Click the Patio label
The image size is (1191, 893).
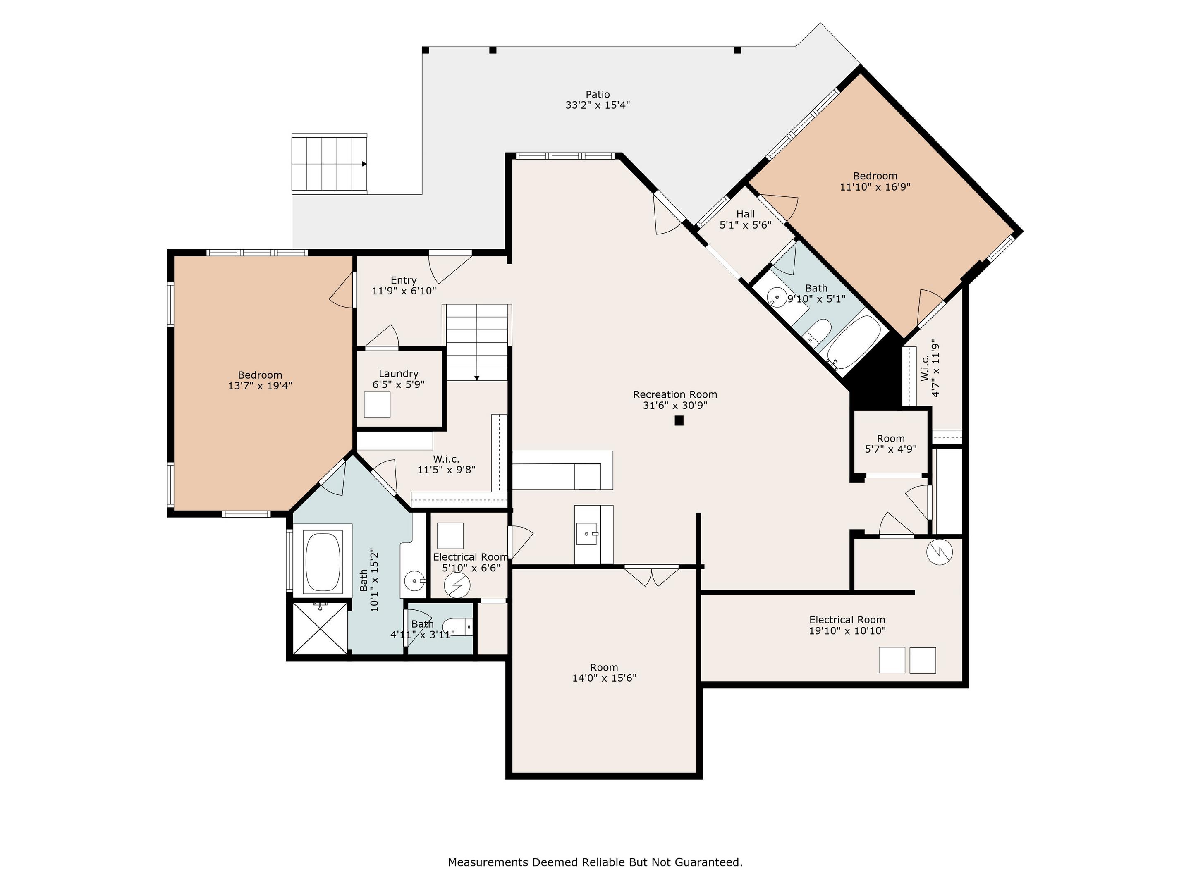[598, 95]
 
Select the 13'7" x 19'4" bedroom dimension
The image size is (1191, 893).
[260, 385]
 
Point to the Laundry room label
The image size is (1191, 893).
[398, 374]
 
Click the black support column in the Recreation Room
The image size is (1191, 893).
[679, 421]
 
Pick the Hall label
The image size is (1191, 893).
[746, 214]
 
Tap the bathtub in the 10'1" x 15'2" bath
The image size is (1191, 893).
[323, 562]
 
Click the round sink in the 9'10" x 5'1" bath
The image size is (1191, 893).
[776, 297]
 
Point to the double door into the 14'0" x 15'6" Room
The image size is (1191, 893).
[651, 576]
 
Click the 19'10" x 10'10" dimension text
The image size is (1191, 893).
[847, 630]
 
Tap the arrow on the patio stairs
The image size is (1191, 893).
[364, 164]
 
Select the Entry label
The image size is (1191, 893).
[404, 280]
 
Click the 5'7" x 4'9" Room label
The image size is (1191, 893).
[890, 439]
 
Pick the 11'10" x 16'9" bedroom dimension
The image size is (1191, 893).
[875, 187]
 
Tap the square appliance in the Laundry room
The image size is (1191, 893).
[377, 404]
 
